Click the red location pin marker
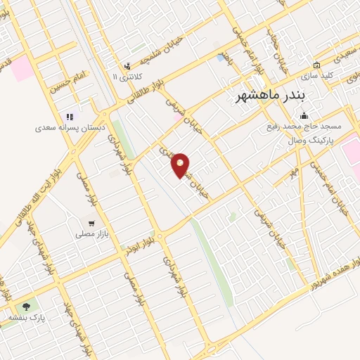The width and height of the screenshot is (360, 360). (181, 165)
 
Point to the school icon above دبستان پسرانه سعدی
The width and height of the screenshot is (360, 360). (69, 117)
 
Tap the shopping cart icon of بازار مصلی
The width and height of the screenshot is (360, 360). (91, 220)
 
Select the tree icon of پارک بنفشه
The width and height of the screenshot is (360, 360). (26, 307)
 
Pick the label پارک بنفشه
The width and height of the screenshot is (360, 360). (26, 318)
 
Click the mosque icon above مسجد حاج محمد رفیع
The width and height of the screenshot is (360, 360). (303, 115)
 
